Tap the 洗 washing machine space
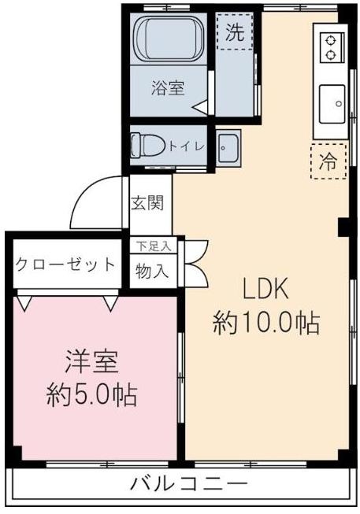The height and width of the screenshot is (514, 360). tap(233, 33)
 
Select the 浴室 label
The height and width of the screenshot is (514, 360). tap(168, 88)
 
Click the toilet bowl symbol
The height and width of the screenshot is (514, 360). tap(149, 145)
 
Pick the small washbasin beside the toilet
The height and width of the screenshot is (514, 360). tap(227, 146)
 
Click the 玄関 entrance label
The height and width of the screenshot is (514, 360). tap(147, 203)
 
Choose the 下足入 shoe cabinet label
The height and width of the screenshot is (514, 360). tap(151, 246)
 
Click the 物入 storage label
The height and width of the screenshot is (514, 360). tap(151, 272)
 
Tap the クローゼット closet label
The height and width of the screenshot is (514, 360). tap(65, 264)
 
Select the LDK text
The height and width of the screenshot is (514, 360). tap(265, 290)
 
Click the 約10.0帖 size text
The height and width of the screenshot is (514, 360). tap(265, 323)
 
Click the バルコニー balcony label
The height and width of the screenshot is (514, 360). tap(189, 483)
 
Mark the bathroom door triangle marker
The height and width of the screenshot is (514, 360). tap(200, 106)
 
